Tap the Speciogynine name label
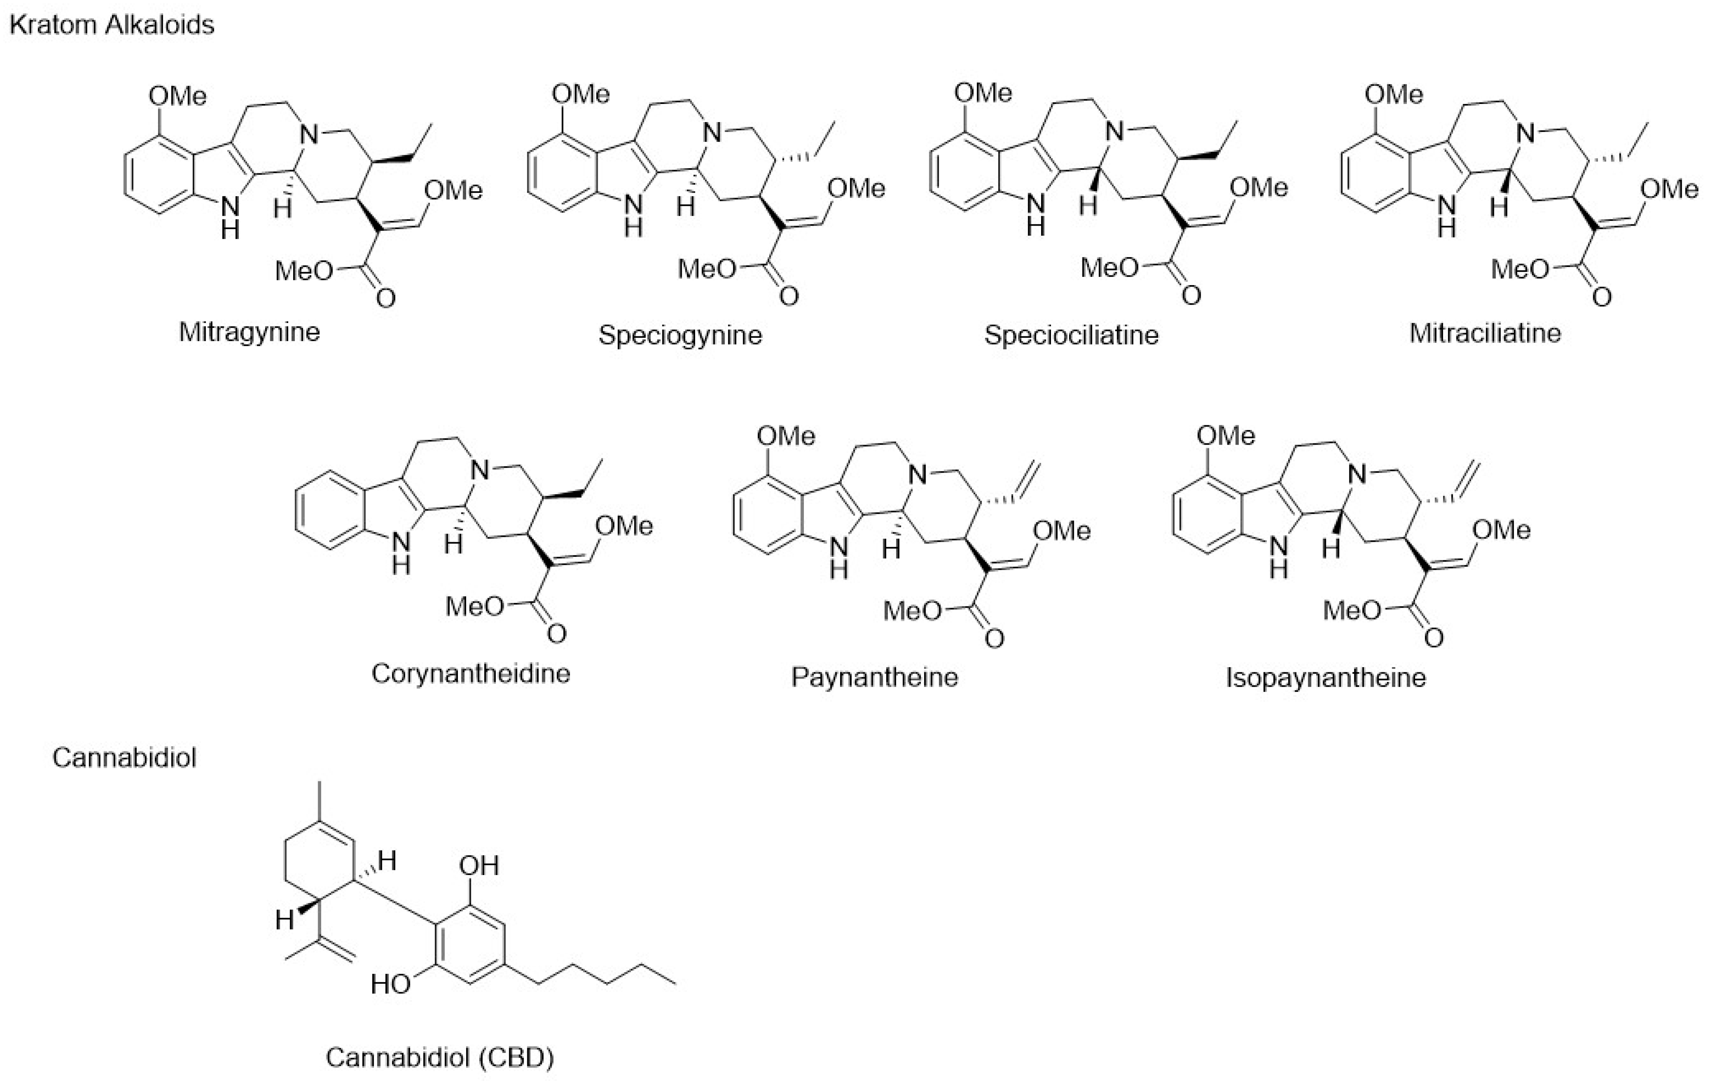pos(680,334)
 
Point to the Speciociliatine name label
pos(1071,334)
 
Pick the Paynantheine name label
pos(875,677)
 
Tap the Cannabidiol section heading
pos(125,758)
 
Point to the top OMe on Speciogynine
pos(580,95)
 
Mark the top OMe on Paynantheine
pos(786,436)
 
